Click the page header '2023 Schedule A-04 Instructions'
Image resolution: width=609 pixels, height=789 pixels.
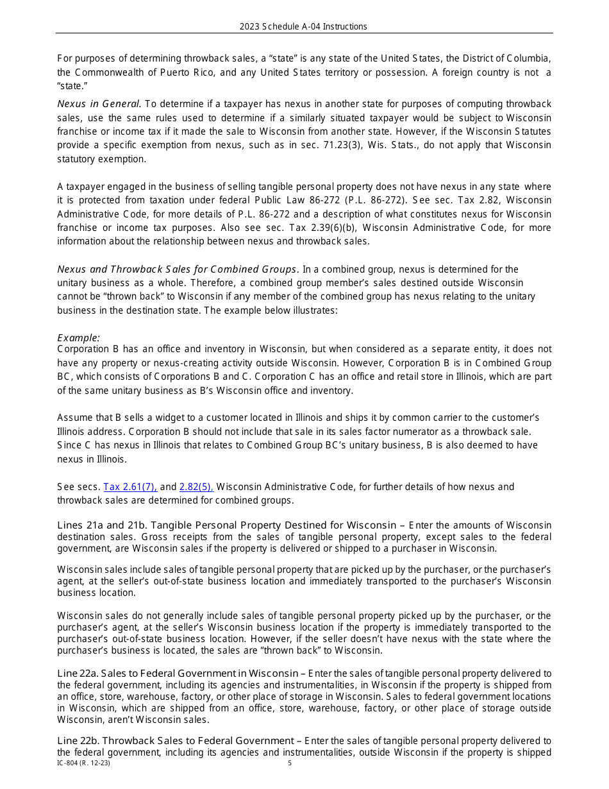click(303, 26)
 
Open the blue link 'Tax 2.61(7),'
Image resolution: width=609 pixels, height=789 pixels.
click(130, 487)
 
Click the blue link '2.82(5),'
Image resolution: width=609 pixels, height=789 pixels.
click(196, 487)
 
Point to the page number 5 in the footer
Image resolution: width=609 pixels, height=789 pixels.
click(290, 763)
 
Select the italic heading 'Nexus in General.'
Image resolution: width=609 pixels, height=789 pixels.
click(99, 104)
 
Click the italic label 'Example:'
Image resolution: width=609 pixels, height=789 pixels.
click(78, 337)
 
